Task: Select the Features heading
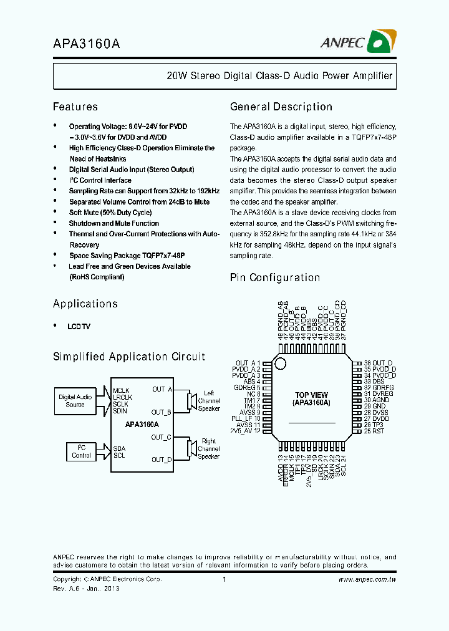[75, 107]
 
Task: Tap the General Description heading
[281, 107]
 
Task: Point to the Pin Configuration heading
[274, 277]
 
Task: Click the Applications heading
[85, 304]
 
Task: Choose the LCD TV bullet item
[79, 326]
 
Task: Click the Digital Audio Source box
[75, 401]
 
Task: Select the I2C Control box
[81, 451]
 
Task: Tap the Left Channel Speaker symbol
[190, 400]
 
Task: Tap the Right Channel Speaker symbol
[190, 448]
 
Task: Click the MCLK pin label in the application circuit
[122, 390]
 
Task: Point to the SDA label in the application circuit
[119, 448]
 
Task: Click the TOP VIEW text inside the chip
[311, 395]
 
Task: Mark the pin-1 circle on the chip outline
[281, 364]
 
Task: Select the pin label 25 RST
[375, 431]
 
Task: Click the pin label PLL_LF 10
[245, 418]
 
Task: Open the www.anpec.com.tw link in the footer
[367, 580]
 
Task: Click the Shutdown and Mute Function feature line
[113, 223]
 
